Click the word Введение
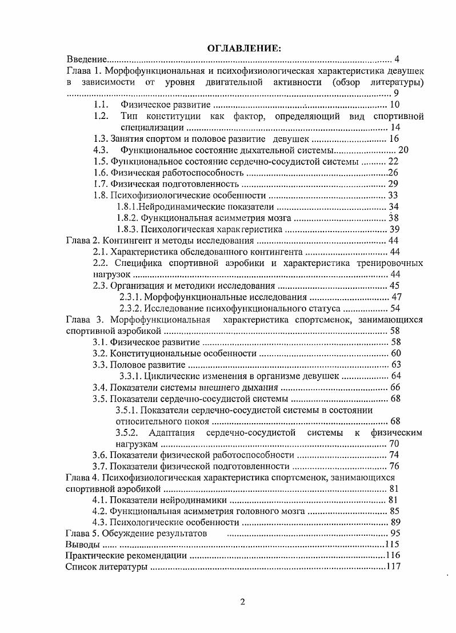pyautogui.click(x=86, y=59)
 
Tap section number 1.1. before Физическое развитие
pyautogui.click(x=101, y=105)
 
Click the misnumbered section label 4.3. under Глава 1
pyautogui.click(x=101, y=150)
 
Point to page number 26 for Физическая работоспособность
pyautogui.click(x=393, y=173)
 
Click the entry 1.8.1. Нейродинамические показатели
pyautogui.click(x=195, y=206)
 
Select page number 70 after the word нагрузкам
pyautogui.click(x=394, y=443)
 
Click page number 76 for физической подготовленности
pyautogui.click(x=394, y=466)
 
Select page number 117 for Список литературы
pyautogui.click(x=391, y=567)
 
